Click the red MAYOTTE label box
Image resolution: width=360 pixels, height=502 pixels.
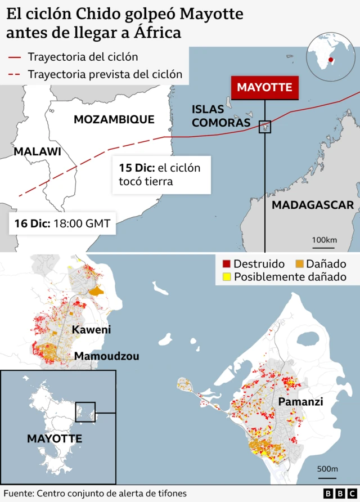coord(264,87)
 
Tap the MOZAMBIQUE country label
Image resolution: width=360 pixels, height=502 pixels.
coord(114,119)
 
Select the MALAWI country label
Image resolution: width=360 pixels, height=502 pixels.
coord(37,151)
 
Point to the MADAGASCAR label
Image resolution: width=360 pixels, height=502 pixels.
coord(313,205)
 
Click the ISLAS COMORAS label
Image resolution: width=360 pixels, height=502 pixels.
coord(220,116)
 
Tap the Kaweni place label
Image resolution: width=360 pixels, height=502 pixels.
coord(91,330)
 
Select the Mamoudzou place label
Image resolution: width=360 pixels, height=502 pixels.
coord(107,356)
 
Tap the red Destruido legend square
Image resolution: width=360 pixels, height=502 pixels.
coord(227,263)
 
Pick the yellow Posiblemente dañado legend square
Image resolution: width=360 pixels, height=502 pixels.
coord(227,276)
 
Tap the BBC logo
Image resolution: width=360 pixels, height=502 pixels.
coord(336,494)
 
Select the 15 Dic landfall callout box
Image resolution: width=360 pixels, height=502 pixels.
coord(161,174)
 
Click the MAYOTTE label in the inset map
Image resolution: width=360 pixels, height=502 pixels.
coord(55,438)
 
